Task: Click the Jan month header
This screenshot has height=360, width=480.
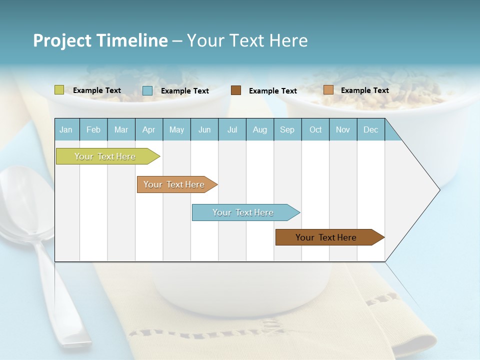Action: (66, 129)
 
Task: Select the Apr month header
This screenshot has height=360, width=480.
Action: (149, 129)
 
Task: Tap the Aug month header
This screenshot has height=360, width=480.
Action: (260, 129)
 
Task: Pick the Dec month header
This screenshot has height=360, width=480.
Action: (370, 129)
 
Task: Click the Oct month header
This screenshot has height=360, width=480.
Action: (315, 129)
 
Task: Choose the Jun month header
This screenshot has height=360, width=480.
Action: (204, 129)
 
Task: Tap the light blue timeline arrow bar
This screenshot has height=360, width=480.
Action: (243, 212)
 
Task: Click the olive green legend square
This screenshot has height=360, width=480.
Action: (59, 90)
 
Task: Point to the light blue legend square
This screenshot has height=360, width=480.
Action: (147, 90)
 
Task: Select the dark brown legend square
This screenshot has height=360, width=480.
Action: (236, 90)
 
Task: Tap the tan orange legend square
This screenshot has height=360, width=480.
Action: (328, 90)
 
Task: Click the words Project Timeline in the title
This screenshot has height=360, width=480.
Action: (100, 40)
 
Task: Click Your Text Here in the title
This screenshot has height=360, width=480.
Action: (247, 40)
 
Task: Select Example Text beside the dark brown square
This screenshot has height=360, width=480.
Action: (273, 91)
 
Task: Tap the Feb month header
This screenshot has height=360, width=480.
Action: (93, 129)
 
